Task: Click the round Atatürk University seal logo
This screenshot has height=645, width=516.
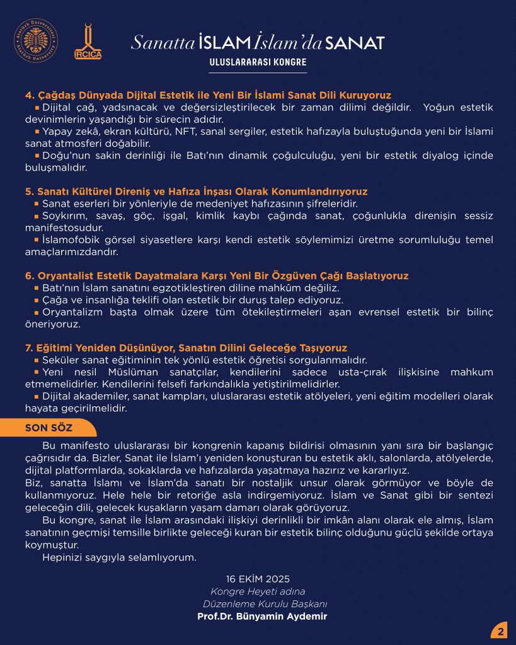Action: (x=36, y=41)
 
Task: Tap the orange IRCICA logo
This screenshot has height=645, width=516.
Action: (x=88, y=42)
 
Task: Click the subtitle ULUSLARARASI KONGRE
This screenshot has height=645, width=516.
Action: (x=258, y=62)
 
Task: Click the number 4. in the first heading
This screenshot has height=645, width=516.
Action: (x=29, y=95)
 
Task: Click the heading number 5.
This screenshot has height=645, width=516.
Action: (x=29, y=191)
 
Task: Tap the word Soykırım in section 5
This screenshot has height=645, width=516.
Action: (x=64, y=215)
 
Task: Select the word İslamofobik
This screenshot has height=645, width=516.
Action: (x=70, y=239)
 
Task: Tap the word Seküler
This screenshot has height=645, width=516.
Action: (x=61, y=360)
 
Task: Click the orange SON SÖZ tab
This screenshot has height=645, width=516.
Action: (x=49, y=428)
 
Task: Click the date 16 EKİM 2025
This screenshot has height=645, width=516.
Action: (x=258, y=579)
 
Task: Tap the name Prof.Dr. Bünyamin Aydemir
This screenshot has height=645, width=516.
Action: (x=262, y=616)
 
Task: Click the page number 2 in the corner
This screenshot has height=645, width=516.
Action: (x=501, y=631)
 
